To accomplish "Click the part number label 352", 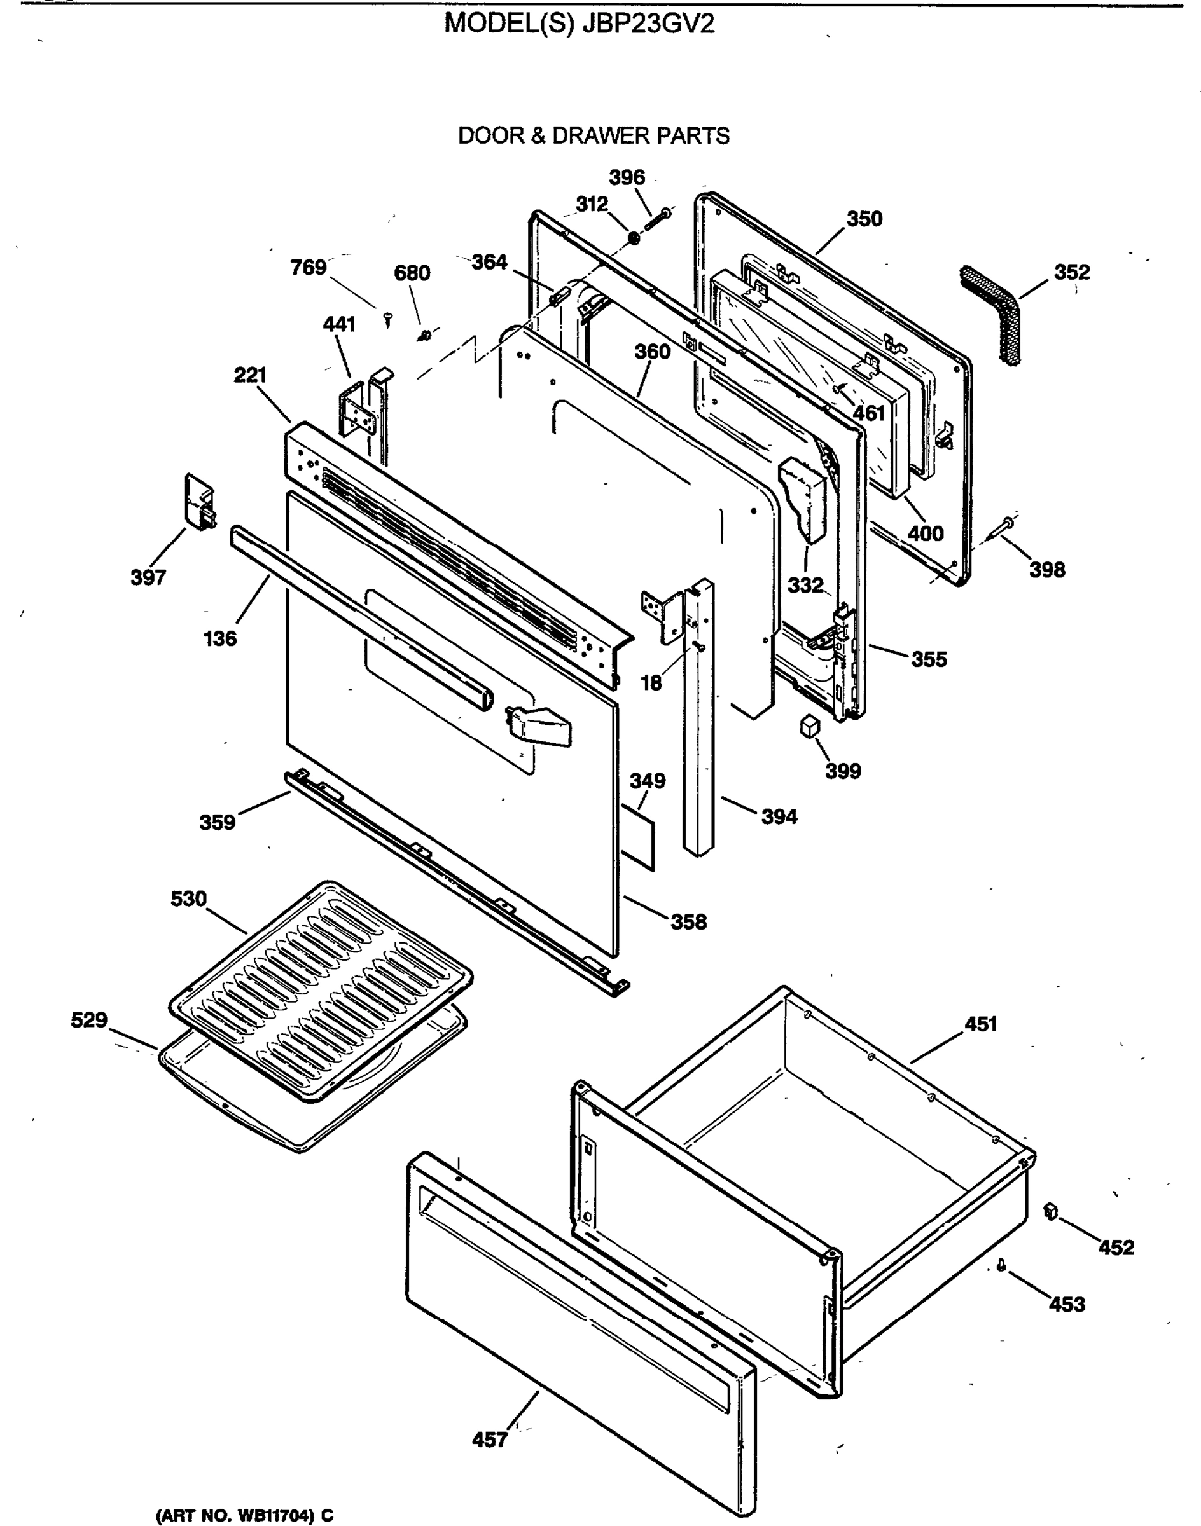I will (x=1071, y=272).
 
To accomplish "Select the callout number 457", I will (x=489, y=1440).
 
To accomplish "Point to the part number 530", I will (x=188, y=899).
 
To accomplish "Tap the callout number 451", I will (x=980, y=1024).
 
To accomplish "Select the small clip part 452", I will (x=1052, y=1212).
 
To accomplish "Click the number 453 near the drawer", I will (x=1067, y=1305).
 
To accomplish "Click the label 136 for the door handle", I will (x=220, y=639).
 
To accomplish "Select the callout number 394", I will (x=779, y=817).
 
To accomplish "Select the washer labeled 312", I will (x=633, y=239).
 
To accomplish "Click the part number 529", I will (x=88, y=1020).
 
